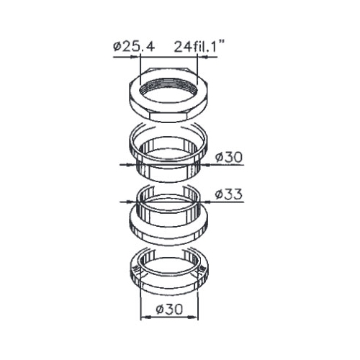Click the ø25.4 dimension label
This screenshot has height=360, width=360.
(x=134, y=47)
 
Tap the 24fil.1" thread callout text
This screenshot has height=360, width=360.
(x=199, y=46)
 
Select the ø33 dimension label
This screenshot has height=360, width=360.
(x=229, y=194)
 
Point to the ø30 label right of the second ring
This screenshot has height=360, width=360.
(x=229, y=157)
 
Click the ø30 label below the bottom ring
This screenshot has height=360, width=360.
(x=169, y=309)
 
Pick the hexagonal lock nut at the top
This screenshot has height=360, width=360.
(x=168, y=95)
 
